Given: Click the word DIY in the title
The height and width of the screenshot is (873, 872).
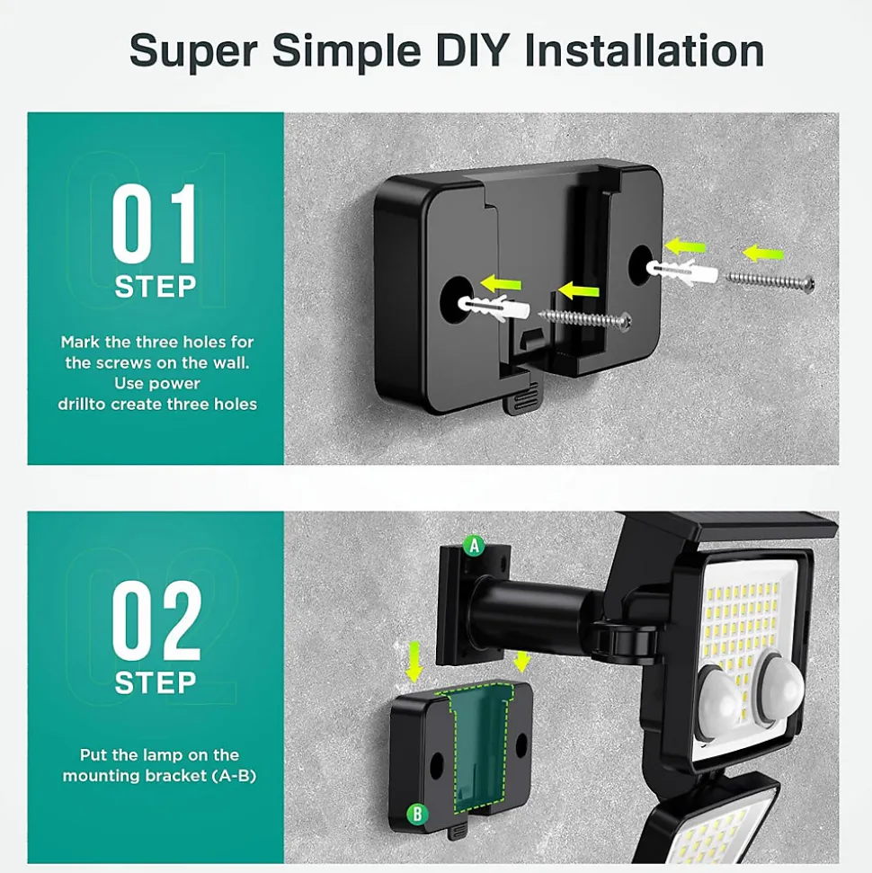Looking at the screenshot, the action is (x=472, y=50).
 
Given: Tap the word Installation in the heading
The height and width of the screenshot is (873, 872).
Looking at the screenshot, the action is (x=645, y=50).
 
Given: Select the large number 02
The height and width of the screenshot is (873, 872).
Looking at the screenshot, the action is (x=156, y=619).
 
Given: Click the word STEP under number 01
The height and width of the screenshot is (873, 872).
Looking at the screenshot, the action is (x=156, y=287).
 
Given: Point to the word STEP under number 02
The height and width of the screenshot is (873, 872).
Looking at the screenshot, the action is (x=156, y=682).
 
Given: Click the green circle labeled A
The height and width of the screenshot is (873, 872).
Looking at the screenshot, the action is (x=474, y=546).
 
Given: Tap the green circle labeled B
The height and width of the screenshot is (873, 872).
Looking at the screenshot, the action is (x=417, y=815).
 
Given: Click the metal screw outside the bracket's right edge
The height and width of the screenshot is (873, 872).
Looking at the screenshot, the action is (x=769, y=281).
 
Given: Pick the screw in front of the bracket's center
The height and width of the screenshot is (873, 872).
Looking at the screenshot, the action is (x=584, y=318).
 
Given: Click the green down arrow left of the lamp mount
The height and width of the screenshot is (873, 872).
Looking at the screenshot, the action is (x=414, y=662).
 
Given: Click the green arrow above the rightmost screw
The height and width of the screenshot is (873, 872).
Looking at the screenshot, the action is (x=762, y=254).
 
